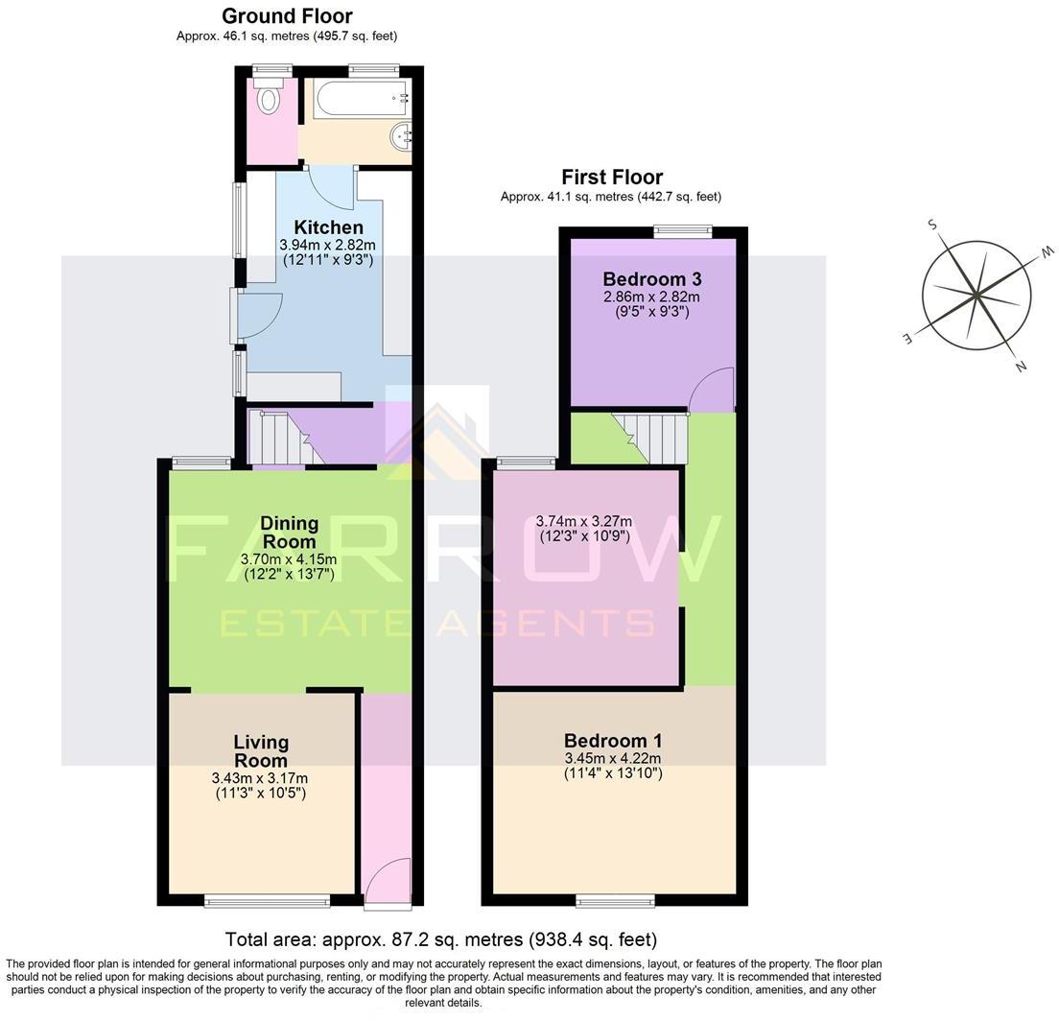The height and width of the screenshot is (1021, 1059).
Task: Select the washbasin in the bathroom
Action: point(402,137)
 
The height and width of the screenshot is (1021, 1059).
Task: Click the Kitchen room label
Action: point(328,227)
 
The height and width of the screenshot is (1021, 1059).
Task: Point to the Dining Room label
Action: point(290,532)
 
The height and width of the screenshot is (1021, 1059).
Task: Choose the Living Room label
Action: point(261,751)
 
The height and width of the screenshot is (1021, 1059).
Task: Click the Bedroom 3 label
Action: point(652,279)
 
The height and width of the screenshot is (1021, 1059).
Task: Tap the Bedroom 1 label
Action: point(613,741)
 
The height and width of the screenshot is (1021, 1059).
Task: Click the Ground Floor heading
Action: point(287,16)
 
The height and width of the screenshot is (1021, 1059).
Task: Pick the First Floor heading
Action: point(612,177)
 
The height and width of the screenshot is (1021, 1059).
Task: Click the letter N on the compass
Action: point(1021,366)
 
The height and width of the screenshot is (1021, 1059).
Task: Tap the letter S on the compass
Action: point(931,225)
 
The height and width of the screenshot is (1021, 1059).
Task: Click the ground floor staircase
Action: point(278,437)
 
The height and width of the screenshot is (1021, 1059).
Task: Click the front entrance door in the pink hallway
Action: point(388,880)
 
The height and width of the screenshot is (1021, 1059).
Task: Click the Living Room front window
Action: point(267,900)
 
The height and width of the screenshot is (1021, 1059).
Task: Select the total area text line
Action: point(440,939)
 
